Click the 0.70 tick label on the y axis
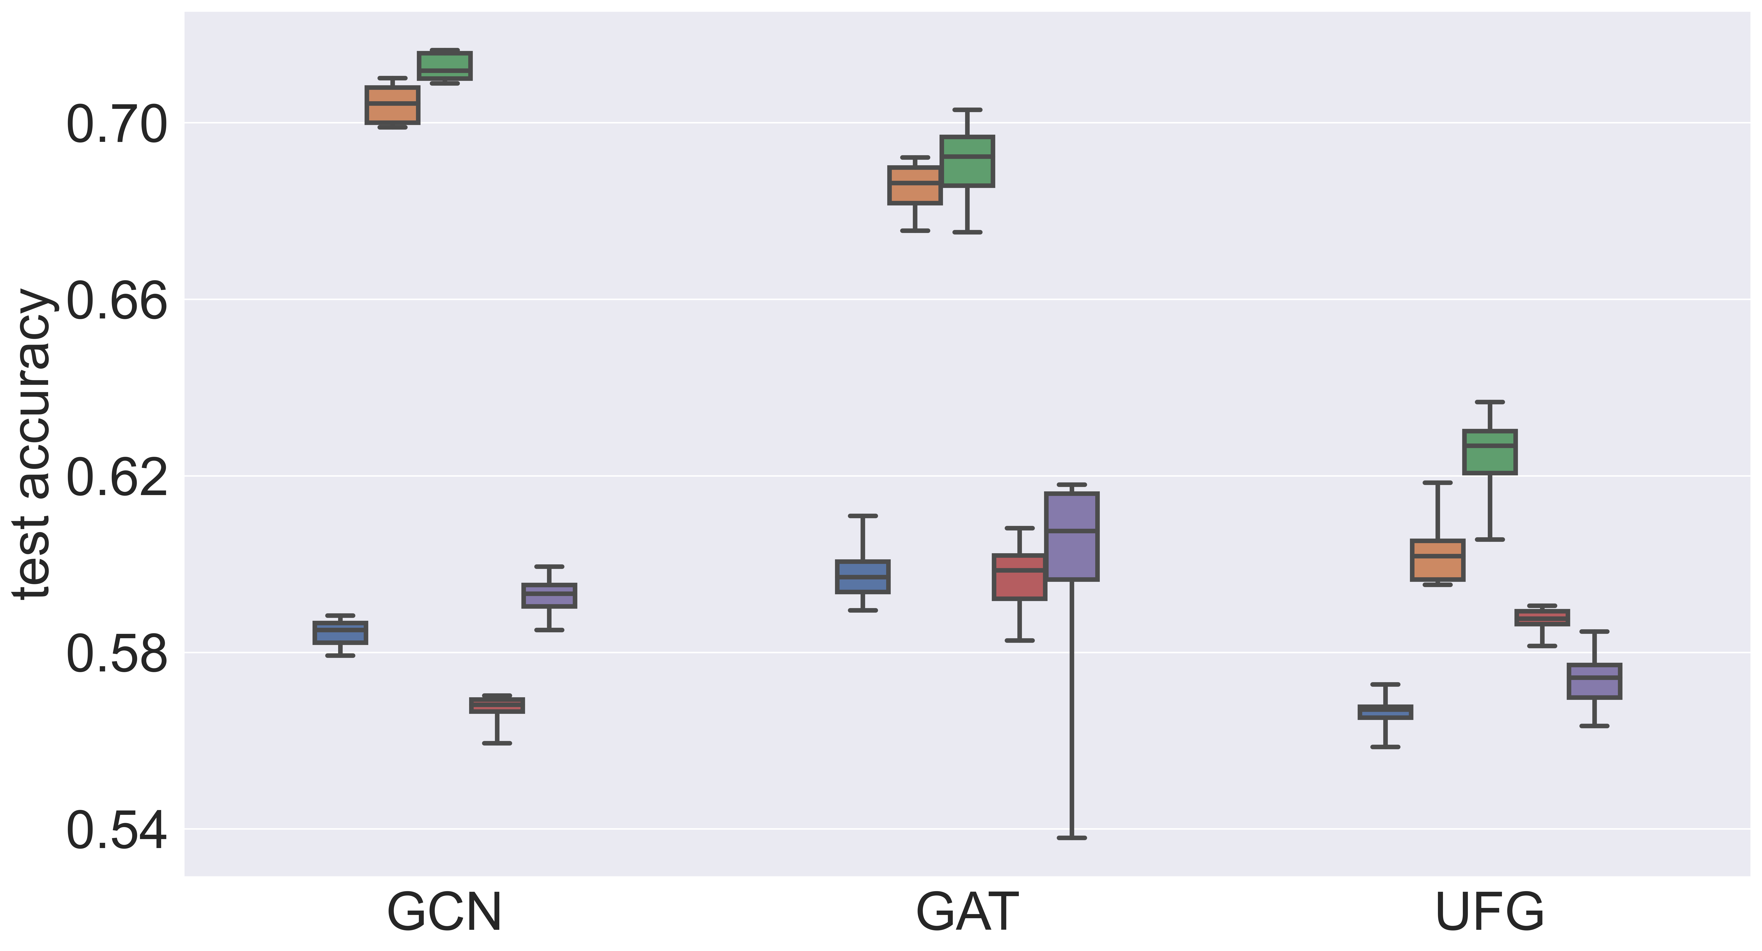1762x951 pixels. [x=116, y=125]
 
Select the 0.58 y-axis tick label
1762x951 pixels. [x=116, y=654]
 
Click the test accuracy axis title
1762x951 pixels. [x=33, y=444]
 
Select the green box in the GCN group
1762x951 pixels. [x=445, y=66]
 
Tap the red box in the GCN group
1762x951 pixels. [x=497, y=706]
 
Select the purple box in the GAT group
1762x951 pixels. [x=1072, y=537]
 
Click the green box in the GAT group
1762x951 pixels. [x=967, y=161]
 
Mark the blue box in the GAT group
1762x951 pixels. [x=863, y=577]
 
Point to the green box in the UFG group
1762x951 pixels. [x=1490, y=452]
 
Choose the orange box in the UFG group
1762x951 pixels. [x=1438, y=560]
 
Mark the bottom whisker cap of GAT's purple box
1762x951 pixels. [x=1072, y=838]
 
